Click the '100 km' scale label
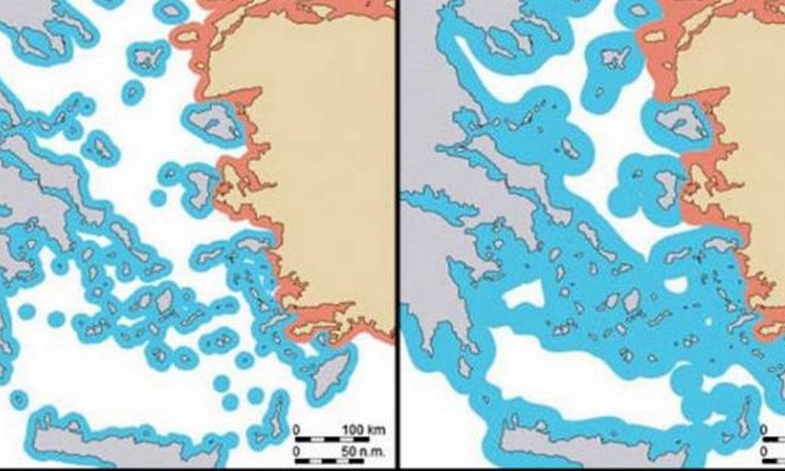[x=364, y=430]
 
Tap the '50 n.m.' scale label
[x=364, y=451]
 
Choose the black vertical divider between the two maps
[x=397, y=235]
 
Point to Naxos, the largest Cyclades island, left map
[x=164, y=301]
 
